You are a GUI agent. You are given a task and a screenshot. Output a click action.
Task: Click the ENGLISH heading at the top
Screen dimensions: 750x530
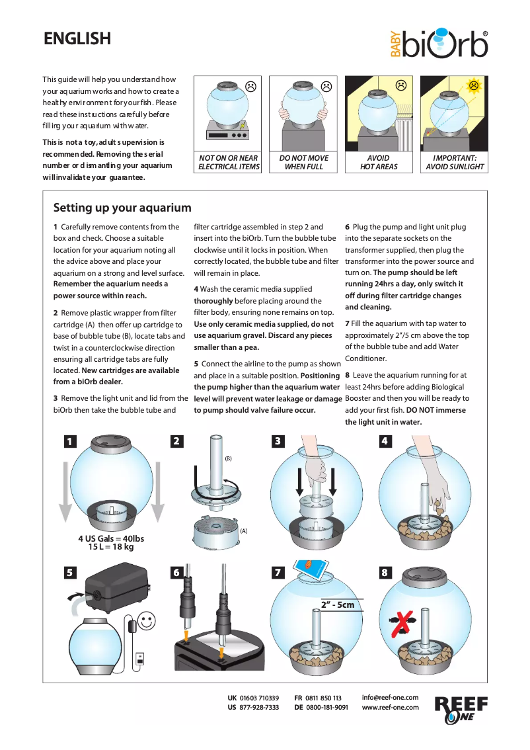(x=77, y=39)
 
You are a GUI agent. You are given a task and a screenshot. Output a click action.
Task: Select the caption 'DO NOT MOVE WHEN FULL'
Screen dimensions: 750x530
(x=303, y=163)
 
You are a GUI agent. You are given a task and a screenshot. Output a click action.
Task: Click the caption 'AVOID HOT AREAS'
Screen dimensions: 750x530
(x=379, y=163)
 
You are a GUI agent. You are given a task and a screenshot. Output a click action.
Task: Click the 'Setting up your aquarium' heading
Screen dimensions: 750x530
(x=122, y=208)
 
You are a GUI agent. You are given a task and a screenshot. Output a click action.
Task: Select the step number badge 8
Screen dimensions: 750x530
(x=385, y=573)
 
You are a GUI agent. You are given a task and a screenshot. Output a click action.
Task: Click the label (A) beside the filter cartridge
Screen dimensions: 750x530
(x=244, y=530)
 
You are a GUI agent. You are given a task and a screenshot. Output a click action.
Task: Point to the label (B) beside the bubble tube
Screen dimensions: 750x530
(x=228, y=458)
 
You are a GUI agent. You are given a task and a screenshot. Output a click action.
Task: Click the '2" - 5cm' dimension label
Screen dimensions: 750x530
(x=338, y=604)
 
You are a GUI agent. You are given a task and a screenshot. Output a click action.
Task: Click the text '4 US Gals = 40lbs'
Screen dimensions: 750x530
(x=111, y=538)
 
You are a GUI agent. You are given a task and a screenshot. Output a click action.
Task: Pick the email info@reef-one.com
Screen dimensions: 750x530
(x=390, y=697)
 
